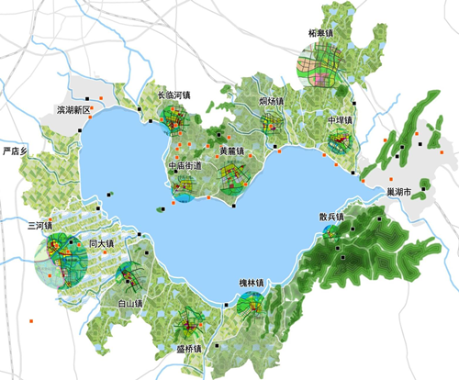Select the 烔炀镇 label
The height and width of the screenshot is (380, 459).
click(x=271, y=100)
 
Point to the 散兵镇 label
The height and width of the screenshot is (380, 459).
click(x=332, y=217)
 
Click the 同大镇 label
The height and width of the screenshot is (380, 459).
click(x=101, y=243)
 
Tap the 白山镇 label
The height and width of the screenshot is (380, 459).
click(x=130, y=302)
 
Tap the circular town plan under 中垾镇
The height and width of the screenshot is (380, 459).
click(x=341, y=142)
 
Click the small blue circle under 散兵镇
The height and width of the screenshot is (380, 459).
click(x=330, y=232)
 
